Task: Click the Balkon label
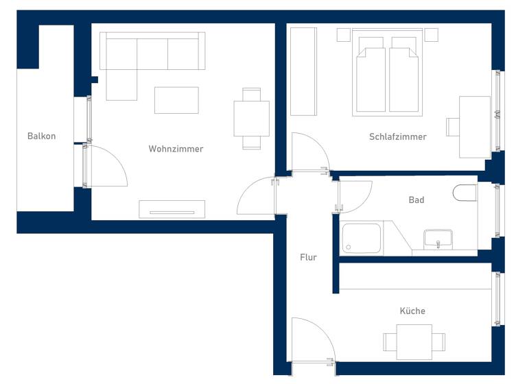click(x=41, y=136)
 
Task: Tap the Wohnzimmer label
click(x=176, y=149)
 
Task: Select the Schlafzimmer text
click(x=397, y=136)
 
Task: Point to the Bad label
click(x=416, y=200)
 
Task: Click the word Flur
click(x=308, y=257)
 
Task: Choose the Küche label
click(x=412, y=311)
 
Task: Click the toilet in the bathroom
click(x=465, y=193)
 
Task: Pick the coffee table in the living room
click(x=176, y=100)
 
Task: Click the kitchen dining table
click(x=414, y=341)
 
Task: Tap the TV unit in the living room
click(x=172, y=209)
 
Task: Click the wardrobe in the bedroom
click(x=303, y=71)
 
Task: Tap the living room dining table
click(x=251, y=119)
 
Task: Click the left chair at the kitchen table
click(x=390, y=341)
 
